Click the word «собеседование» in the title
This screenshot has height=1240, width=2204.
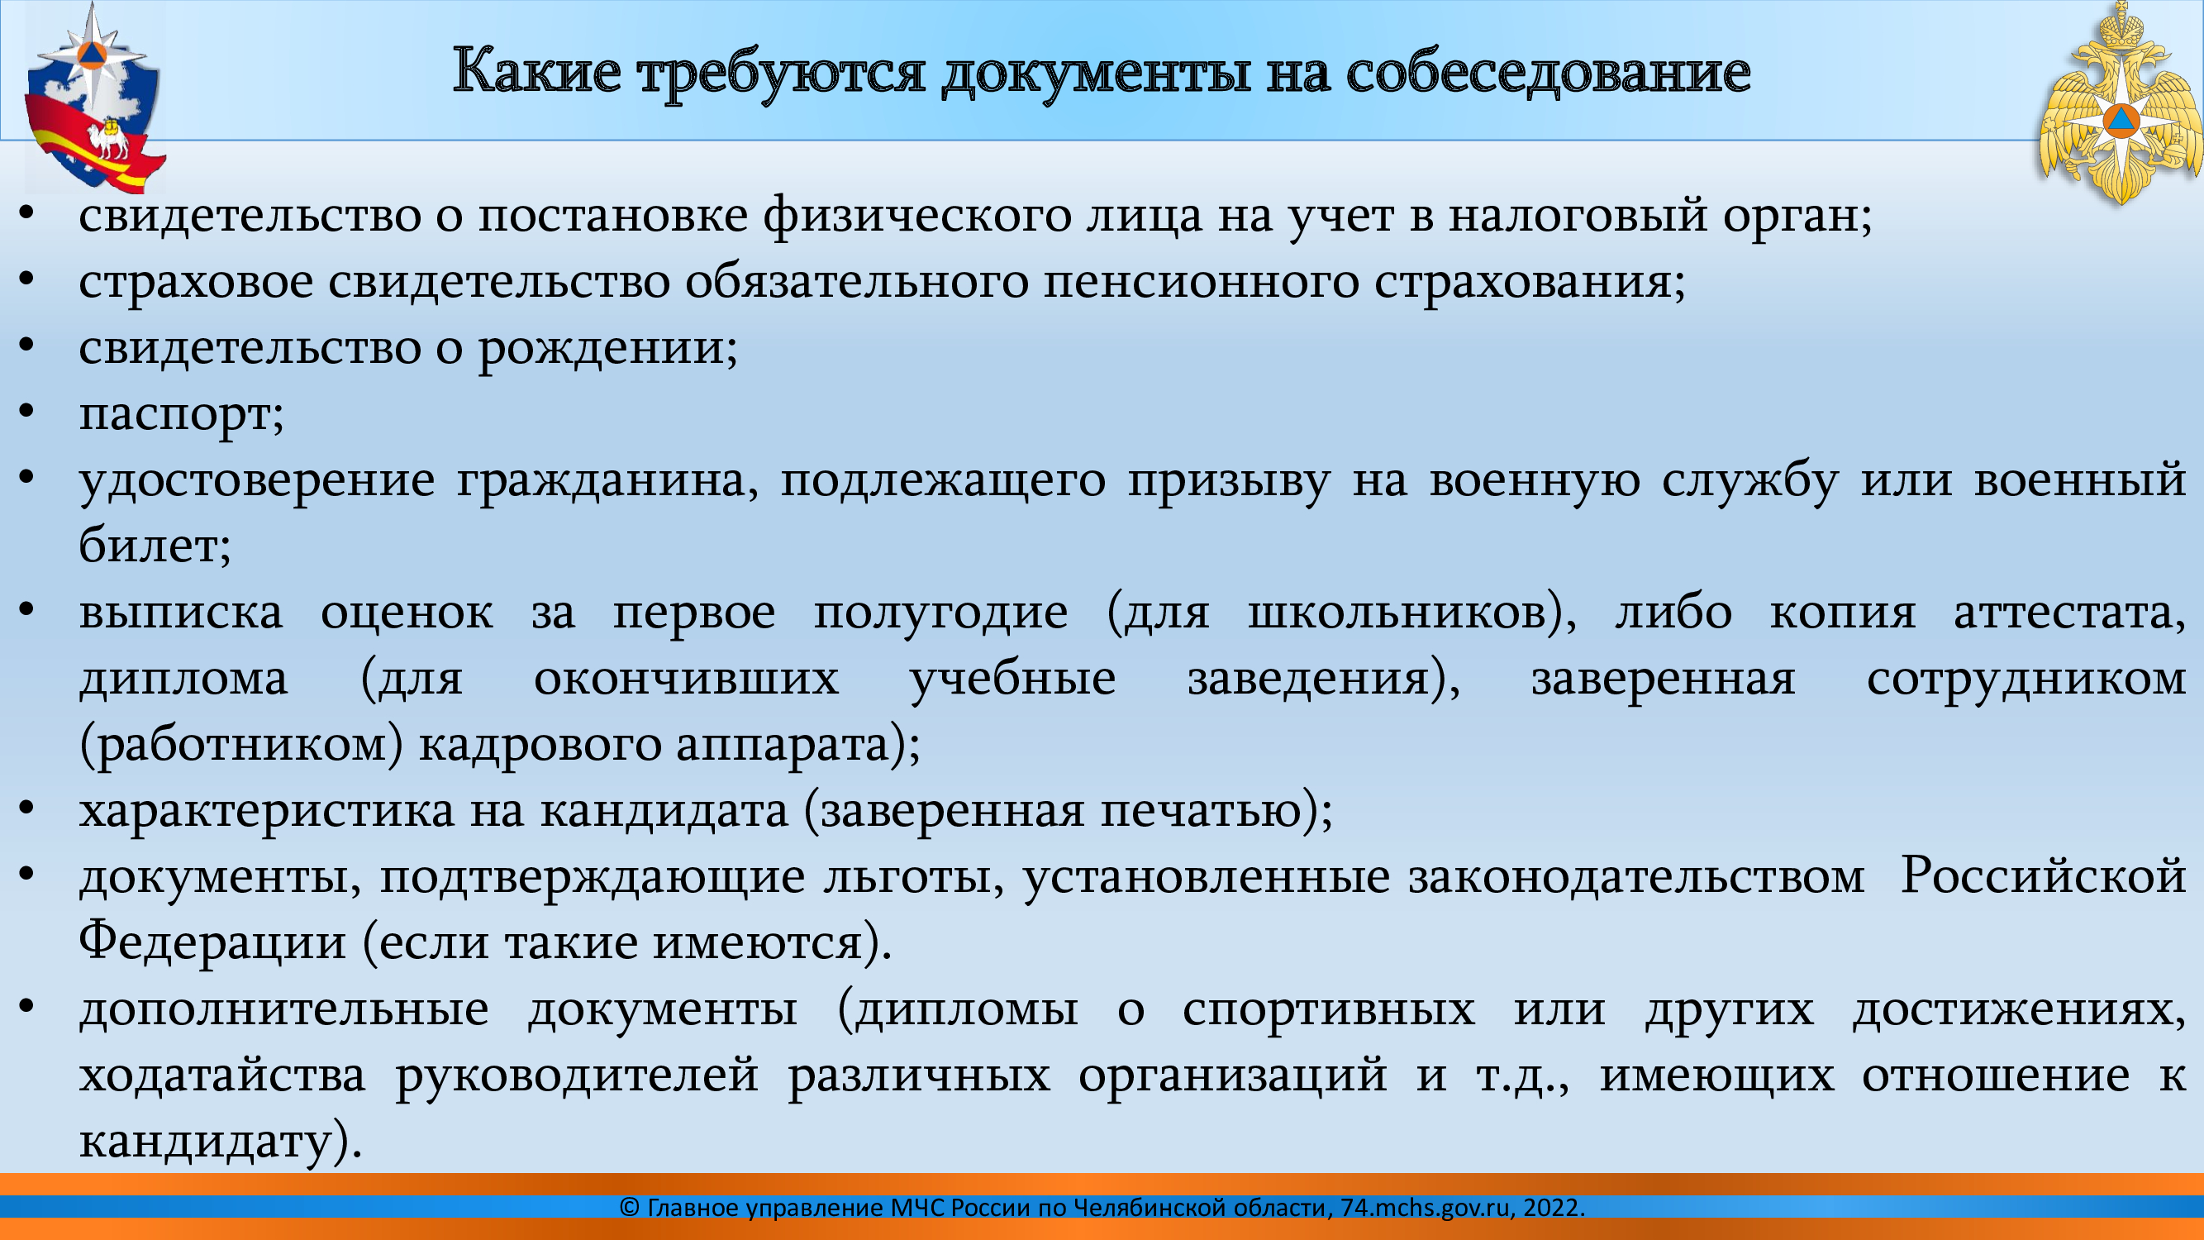1548,73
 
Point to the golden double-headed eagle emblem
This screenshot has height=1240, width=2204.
2118,103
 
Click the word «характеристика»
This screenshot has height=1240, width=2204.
267,812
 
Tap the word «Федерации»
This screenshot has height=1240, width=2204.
212,942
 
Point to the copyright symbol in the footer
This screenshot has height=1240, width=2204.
630,1208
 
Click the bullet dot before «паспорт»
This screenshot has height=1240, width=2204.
26,413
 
